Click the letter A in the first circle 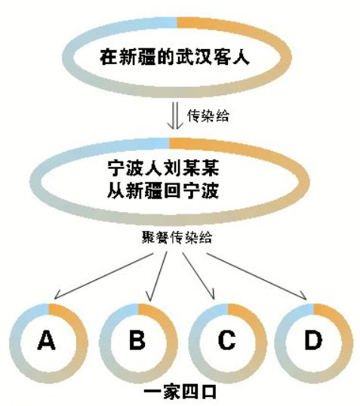46,340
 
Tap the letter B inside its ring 137,340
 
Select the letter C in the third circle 227,340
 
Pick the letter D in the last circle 313,340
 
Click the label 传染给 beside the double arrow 208,115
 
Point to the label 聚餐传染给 177,237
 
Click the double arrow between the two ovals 175,115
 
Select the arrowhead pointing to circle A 57,294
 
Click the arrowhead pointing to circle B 149,296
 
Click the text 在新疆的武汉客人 175,57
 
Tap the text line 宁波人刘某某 163,168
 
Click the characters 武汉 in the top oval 194,57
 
